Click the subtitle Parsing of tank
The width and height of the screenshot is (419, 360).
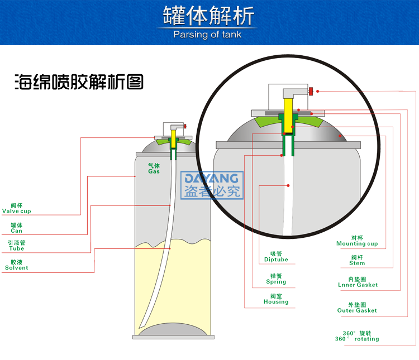pyautogui.click(x=209, y=35)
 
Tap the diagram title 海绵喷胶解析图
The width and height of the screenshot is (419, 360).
pyautogui.click(x=79, y=83)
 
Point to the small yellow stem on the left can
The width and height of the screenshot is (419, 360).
pyautogui.click(x=173, y=140)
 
